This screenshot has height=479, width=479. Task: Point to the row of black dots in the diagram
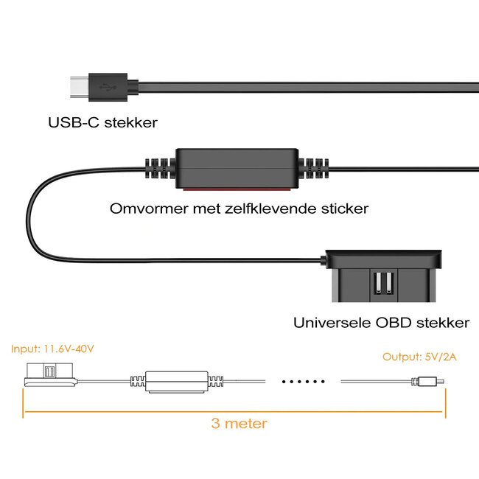pos(303,382)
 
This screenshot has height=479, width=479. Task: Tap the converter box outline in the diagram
pos(176,382)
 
